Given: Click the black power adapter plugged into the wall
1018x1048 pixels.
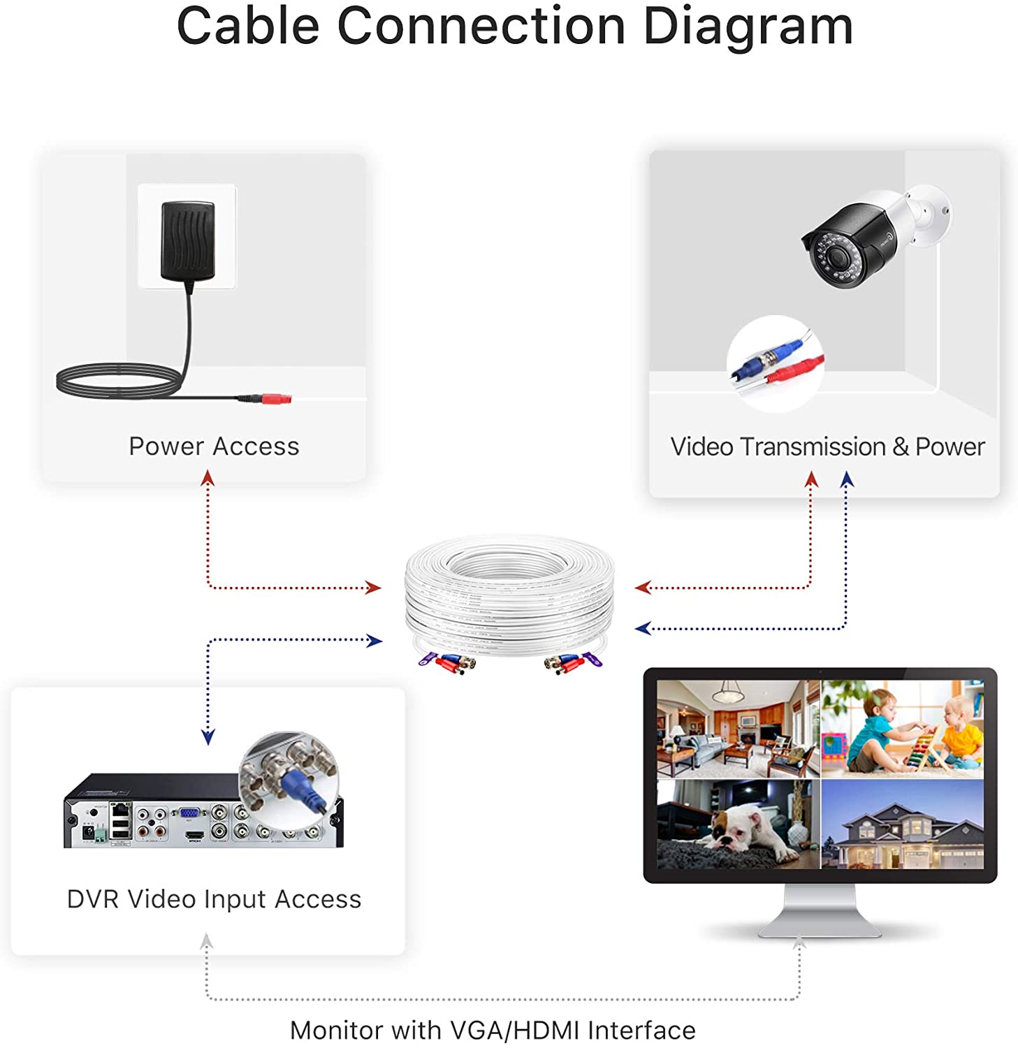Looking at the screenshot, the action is pyautogui.click(x=188, y=240).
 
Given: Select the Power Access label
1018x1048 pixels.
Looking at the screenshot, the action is pyautogui.click(x=214, y=446).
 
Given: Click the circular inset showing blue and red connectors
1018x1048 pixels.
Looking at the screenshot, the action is pyautogui.click(x=776, y=363).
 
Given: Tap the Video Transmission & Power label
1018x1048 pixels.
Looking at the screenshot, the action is pyautogui.click(x=827, y=447).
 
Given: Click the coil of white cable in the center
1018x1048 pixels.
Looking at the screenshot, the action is pyautogui.click(x=510, y=597).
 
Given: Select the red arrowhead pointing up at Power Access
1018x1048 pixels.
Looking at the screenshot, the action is pyautogui.click(x=208, y=478).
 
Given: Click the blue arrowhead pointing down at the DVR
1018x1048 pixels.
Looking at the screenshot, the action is pyautogui.click(x=208, y=737).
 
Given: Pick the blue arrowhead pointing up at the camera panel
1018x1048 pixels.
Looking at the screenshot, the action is pyautogui.click(x=847, y=479).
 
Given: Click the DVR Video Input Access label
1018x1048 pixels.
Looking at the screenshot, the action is pyautogui.click(x=214, y=899).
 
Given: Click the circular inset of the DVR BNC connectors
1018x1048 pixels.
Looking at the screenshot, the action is pyautogui.click(x=289, y=781).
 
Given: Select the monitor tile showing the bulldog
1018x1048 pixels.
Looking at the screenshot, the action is pyautogui.click(x=739, y=824).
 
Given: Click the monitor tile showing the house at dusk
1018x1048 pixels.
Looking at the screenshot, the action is pyautogui.click(x=903, y=824).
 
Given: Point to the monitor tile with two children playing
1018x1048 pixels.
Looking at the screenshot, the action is pyautogui.click(x=903, y=729).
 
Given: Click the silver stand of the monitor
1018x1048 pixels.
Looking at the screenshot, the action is pyautogui.click(x=820, y=910).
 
